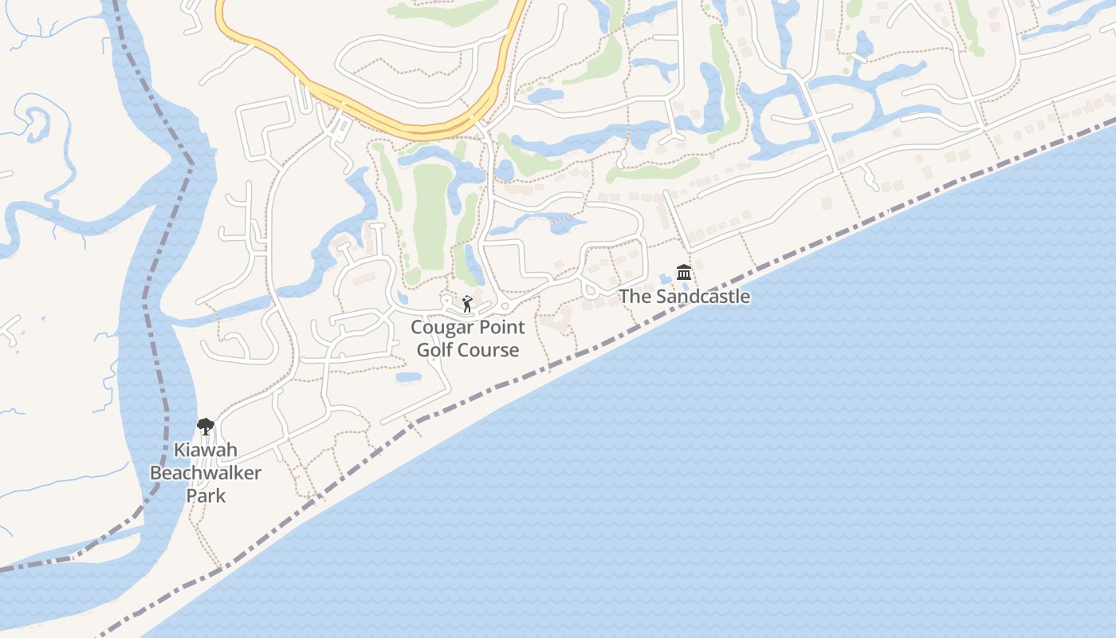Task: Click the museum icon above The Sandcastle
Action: pos(683,273)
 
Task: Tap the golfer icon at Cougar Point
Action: pos(467,304)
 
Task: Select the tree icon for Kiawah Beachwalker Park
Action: pos(206,427)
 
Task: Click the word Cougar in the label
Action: pos(440,328)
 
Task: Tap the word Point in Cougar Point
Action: pos(500,328)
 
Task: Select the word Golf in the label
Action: pos(434,350)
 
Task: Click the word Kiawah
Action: pos(206,451)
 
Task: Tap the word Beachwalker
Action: pos(206,473)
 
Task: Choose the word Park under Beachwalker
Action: pos(206,495)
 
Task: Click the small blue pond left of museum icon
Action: pos(665,278)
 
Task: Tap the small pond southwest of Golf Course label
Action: pos(408,376)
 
